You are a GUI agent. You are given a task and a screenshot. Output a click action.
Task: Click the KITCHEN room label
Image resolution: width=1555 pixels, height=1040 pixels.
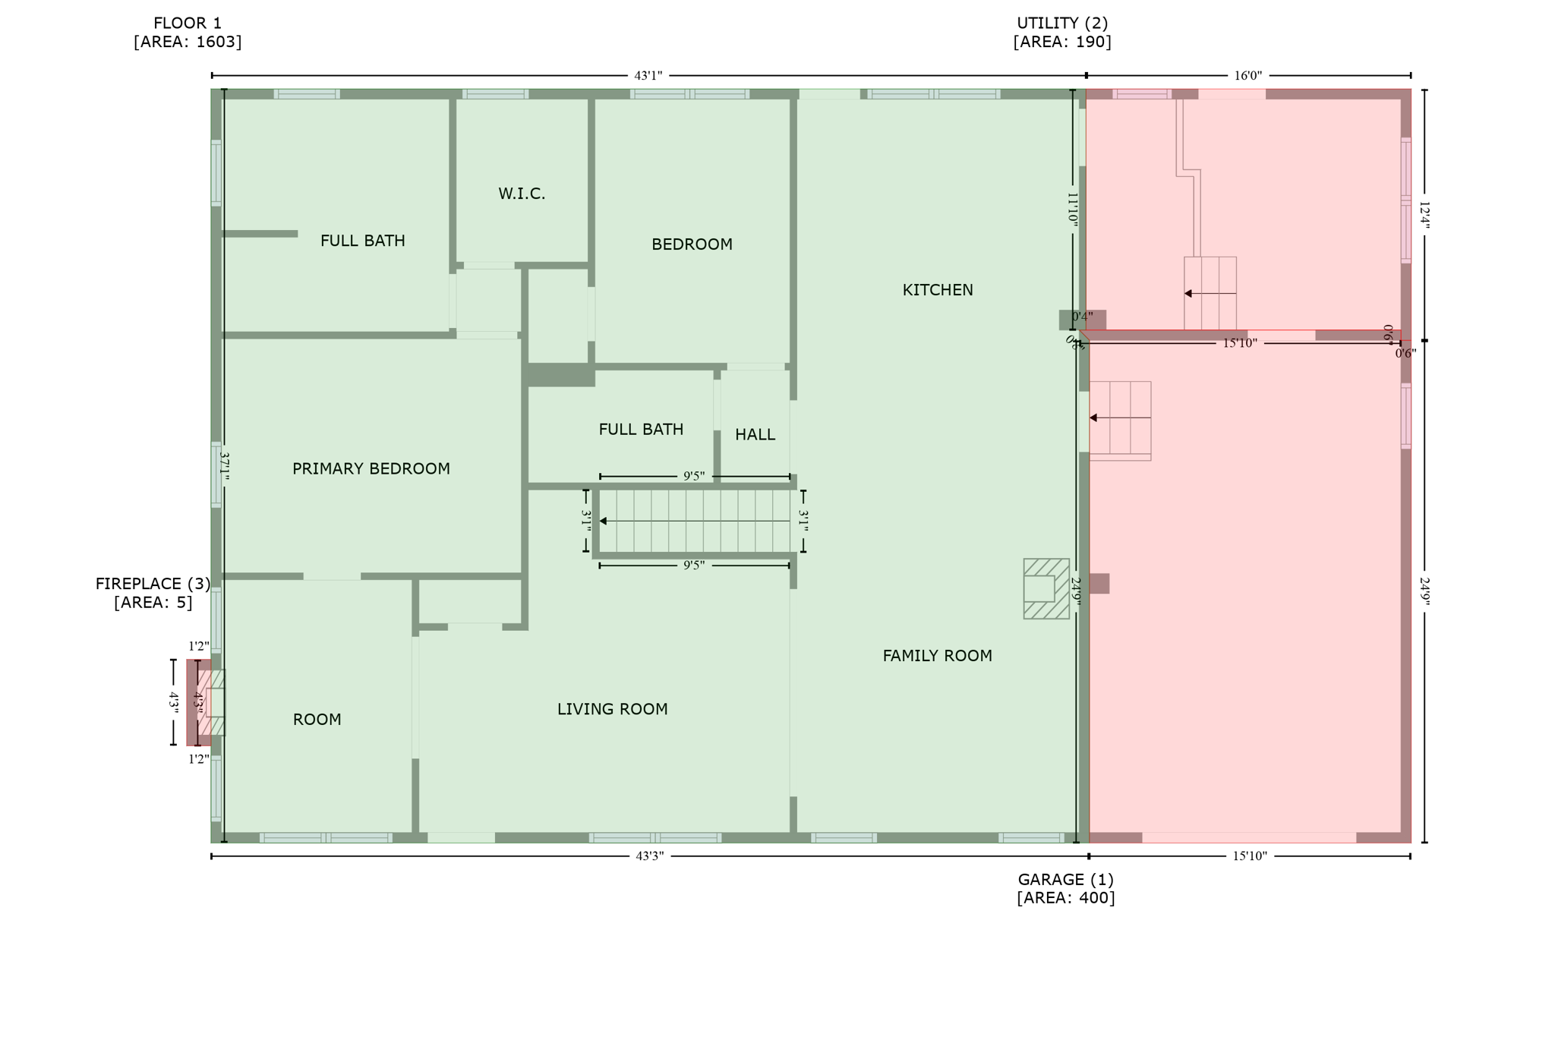coord(937,290)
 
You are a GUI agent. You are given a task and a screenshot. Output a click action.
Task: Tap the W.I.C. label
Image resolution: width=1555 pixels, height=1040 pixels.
coord(522,194)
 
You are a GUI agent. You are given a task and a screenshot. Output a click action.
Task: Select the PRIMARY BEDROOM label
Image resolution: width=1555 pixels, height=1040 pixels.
coord(371,469)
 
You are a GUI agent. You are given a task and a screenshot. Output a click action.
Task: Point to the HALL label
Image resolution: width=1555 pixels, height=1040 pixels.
coord(755,435)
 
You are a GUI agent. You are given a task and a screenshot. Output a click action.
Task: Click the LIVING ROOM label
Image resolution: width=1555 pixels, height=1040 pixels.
coord(612,709)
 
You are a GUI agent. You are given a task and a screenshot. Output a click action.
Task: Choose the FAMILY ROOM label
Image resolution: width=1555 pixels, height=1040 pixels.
coord(937,656)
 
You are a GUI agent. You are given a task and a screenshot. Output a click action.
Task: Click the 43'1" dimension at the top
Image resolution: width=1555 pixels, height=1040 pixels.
coord(648,76)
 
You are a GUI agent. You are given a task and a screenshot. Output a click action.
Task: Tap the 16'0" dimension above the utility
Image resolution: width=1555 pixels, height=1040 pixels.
coord(1247,76)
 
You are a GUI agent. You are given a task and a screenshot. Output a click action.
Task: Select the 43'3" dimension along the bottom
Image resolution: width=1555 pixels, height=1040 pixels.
coord(649,856)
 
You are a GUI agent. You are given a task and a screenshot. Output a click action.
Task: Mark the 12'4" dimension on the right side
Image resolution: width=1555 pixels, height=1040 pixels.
coord(1424,216)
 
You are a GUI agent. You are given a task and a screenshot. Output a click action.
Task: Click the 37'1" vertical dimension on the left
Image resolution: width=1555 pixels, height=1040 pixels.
coord(224,466)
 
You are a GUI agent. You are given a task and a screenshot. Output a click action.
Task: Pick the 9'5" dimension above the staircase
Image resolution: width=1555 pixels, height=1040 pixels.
coord(693,477)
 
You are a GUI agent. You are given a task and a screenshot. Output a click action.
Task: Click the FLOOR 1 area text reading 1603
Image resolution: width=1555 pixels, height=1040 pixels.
coord(188,43)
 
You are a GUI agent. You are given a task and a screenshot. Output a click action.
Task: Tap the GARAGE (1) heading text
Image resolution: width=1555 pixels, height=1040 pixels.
coord(1065,879)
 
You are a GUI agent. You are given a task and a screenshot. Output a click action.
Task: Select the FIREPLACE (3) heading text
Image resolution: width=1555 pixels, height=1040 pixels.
coord(153,584)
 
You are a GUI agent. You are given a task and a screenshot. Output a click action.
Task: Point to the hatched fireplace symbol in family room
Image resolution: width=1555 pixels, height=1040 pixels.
coord(1046,589)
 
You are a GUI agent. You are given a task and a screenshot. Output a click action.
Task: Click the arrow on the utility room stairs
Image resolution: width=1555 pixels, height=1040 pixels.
coord(1209,294)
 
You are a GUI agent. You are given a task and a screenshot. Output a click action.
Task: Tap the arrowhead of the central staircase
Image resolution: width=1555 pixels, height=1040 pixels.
coord(604,522)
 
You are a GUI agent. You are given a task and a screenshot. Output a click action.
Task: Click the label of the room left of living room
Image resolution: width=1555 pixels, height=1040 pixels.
coord(317,720)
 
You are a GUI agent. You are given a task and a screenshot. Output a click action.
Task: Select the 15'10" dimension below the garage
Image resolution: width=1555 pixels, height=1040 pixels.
coord(1249,856)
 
